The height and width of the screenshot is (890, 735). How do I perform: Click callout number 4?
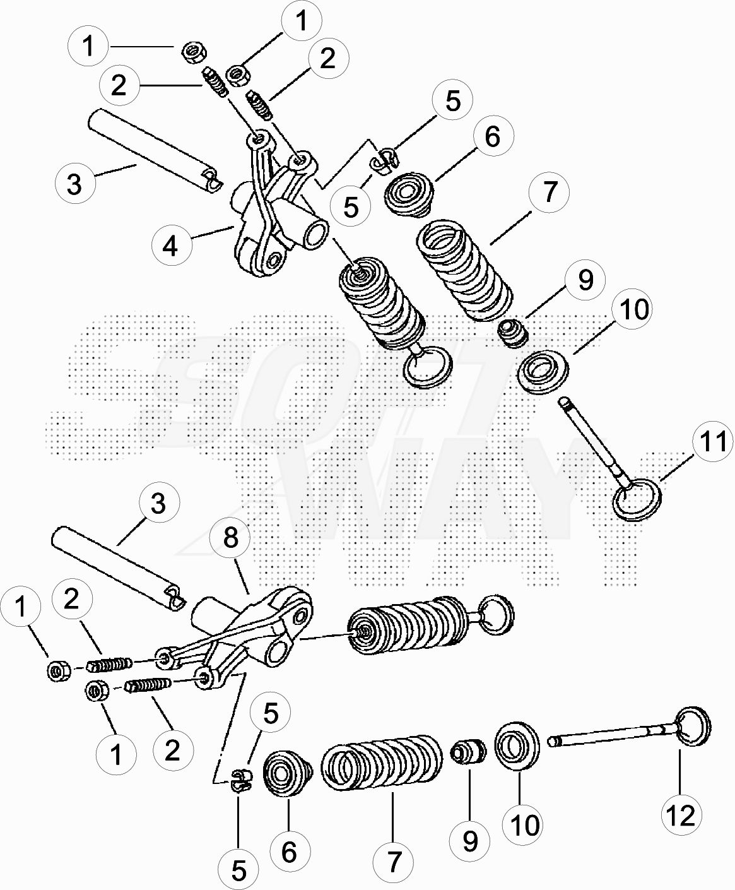(x=171, y=246)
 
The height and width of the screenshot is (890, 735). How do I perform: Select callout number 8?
(x=230, y=538)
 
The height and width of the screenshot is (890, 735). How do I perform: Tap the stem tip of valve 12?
(x=552, y=742)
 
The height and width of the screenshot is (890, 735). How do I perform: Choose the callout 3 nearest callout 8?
(x=158, y=504)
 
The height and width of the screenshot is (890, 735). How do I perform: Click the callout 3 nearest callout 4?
(x=74, y=184)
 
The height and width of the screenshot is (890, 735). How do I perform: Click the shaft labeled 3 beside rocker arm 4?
(x=155, y=150)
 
